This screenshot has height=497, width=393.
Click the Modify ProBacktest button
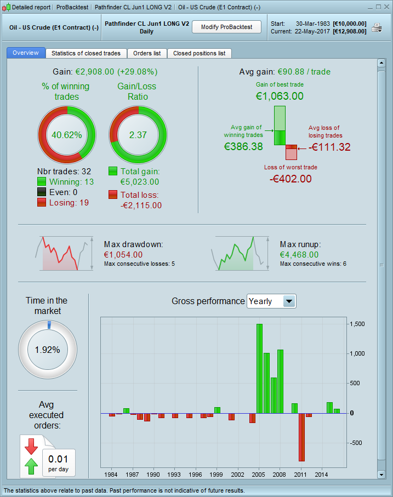226,27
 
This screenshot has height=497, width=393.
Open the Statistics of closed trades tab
87,53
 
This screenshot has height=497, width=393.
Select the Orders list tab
147,53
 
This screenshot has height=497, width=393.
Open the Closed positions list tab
199,53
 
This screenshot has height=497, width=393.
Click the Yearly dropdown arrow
289,301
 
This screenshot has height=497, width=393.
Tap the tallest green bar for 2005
259,368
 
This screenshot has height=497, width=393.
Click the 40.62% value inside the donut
66,135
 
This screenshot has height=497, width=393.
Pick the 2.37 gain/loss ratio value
139,135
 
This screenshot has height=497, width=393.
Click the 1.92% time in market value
48,350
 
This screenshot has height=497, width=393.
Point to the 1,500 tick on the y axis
357,324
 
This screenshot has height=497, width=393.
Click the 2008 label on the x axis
280,474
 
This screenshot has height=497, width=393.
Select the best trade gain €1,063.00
280,96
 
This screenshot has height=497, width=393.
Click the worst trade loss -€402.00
291,179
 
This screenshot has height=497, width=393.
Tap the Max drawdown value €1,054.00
123,254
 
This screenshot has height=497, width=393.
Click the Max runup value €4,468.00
299,254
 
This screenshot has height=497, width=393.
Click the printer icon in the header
377,27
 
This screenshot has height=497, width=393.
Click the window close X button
385,7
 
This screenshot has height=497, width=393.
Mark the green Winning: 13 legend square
42,182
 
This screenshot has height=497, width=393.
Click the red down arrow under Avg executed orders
31,445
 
